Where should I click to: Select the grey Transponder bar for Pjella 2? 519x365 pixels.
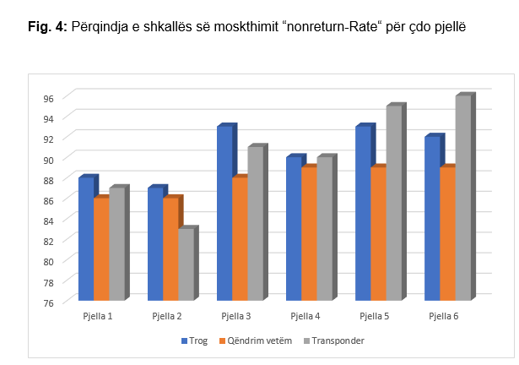[x=186, y=264]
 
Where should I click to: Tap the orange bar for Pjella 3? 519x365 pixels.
[x=239, y=239]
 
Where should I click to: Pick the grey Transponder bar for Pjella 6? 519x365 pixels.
[x=462, y=199]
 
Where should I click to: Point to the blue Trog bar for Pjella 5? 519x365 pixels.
[x=363, y=213]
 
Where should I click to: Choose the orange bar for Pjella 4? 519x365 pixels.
[x=308, y=234]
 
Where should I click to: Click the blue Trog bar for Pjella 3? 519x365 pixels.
[x=224, y=213]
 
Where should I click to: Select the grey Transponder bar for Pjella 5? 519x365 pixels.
[x=393, y=203]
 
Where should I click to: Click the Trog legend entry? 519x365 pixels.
[x=197, y=340]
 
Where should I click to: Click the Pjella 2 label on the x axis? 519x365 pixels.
[x=168, y=315]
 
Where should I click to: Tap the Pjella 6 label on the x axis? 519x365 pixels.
[x=444, y=315]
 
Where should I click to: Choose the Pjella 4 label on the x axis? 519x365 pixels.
[x=305, y=315]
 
